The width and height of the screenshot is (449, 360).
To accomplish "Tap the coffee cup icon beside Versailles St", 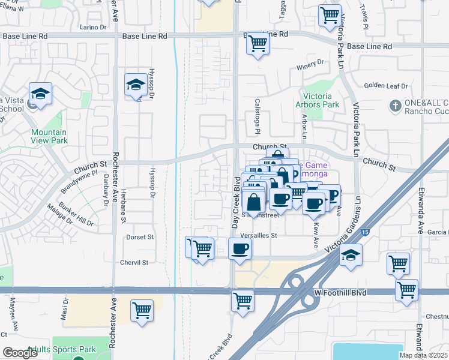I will pos(240,248).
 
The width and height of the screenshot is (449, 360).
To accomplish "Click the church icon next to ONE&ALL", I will pos(394,106).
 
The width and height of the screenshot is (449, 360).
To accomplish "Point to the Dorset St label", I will pos(140,237).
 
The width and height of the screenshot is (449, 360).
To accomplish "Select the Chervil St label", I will pos(134,263).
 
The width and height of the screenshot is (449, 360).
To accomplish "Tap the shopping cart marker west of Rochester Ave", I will pos(142,310).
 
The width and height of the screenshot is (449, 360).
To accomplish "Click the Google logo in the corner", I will pos(20,353).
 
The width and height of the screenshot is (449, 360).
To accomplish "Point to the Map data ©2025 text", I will pos(423,355).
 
